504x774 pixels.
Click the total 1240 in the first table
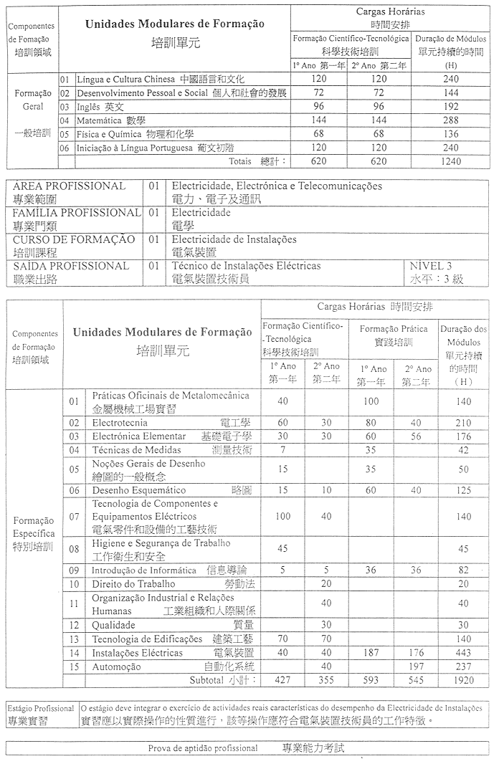coord(451,162)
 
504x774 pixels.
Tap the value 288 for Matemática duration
coord(451,120)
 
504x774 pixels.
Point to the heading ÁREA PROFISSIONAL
coord(69,186)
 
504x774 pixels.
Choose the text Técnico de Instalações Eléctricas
coord(247,267)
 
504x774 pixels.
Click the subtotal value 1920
coord(463,679)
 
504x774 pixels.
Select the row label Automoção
coord(116,666)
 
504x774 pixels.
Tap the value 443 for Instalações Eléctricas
coord(463,653)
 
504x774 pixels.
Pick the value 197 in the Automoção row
coord(419,666)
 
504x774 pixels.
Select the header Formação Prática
coord(393,330)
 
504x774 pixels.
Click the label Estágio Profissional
coord(41,709)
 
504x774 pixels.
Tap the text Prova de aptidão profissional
coord(203,749)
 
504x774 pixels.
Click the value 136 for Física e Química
coord(451,134)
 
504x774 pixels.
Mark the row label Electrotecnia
coord(120,423)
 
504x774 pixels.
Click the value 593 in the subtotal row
coord(371,679)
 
